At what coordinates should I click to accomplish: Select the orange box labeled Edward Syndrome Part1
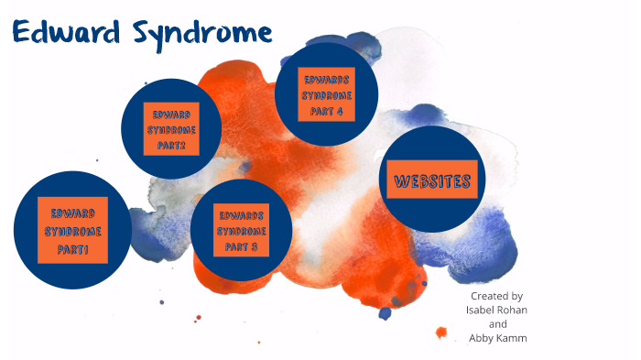[x=73, y=229]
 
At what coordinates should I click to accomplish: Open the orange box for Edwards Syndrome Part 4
[x=328, y=94]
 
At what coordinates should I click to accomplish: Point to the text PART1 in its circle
[x=73, y=249]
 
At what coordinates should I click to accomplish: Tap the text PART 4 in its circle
[x=328, y=111]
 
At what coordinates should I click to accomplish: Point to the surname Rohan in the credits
[x=514, y=310]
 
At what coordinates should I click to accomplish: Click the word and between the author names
[x=497, y=323]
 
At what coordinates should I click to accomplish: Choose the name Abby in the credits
[x=482, y=337]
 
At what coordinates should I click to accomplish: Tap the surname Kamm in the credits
[x=514, y=337]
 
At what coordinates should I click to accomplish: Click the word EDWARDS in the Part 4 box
[x=328, y=79]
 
